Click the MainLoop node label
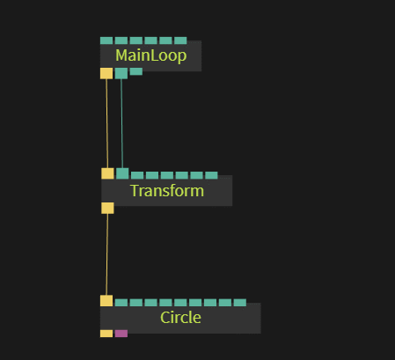tap(151, 55)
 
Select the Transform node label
tap(167, 191)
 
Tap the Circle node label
tap(180, 318)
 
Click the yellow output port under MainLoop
tap(106, 73)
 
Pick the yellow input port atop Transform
tap(107, 173)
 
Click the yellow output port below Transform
tap(107, 208)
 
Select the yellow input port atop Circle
tap(106, 301)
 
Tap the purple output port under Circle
tap(121, 334)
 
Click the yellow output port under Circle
tap(106, 334)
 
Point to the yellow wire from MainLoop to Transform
tap(107, 123)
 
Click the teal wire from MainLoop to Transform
tap(122, 123)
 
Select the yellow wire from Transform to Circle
tap(107, 254)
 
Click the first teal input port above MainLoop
tap(106, 40)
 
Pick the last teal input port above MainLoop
tap(180, 40)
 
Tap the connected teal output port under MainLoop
tap(121, 73)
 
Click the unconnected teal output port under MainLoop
tap(136, 71)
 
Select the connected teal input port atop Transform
tap(122, 173)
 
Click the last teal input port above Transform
tap(211, 175)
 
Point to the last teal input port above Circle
tap(240, 303)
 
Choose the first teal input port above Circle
tap(121, 303)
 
